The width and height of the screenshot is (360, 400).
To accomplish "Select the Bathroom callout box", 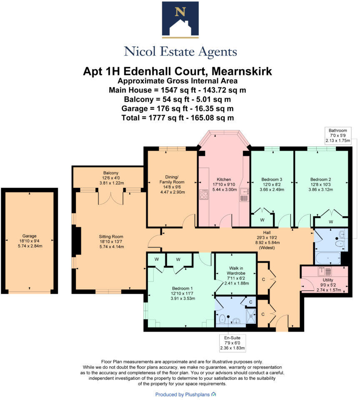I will (x=337, y=135).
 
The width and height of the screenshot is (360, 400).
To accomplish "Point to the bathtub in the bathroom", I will (x=328, y=258).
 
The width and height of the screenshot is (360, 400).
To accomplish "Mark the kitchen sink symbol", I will (x=244, y=195).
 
